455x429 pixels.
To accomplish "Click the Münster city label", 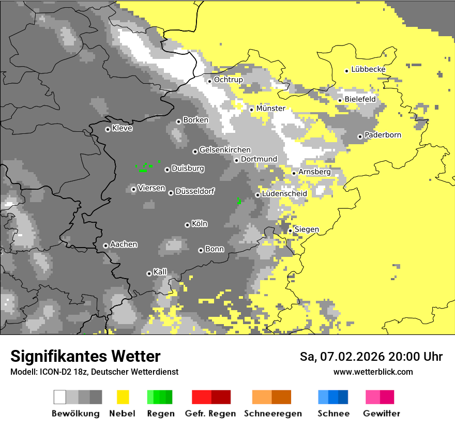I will coord(270,109).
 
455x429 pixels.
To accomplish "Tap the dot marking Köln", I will coord(187,225).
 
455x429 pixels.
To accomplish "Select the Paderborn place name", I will coord(383,135).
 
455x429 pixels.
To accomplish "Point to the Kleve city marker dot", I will coord(108,129).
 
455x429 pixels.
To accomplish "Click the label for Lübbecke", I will coord(368,70).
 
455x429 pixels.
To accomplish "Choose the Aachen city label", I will coord(124,244).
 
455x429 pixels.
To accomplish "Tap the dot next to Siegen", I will coord(290,231).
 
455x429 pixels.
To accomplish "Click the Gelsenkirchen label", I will coord(225,150).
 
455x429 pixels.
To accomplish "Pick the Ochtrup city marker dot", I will coord(209,81).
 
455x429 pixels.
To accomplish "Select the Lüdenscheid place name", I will coord(284,194).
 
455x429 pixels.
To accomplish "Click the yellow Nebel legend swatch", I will coord(123,397).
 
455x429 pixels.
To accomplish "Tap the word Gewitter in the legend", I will coord(382,413).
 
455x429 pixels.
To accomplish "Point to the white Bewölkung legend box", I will coord(60,397).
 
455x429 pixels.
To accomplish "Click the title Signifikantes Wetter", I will coord(85,357).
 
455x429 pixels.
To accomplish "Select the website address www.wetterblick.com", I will coord(373,372).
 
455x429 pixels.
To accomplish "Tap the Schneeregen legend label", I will coord(273,413).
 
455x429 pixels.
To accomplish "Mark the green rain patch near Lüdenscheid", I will coord(239,201).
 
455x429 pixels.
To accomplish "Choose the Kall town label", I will coord(160,272).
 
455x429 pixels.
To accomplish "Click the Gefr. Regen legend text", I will coord(210,413).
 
